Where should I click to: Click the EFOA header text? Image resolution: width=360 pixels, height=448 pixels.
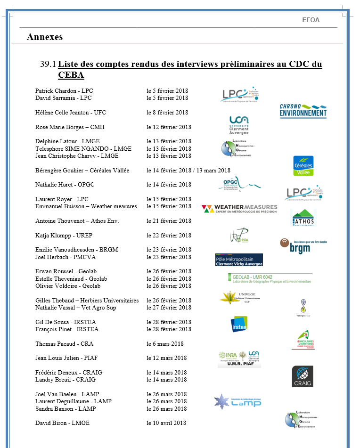[x=311, y=20]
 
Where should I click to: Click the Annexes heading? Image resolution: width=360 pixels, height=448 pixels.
[x=45, y=37]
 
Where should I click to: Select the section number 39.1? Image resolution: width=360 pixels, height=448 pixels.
[x=48, y=64]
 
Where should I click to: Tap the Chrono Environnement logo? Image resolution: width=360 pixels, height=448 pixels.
[x=303, y=111]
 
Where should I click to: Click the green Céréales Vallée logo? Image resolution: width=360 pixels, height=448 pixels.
[x=303, y=166]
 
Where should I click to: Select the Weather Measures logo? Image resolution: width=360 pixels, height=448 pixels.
[x=239, y=209]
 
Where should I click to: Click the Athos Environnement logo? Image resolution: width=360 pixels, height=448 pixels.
[x=303, y=218]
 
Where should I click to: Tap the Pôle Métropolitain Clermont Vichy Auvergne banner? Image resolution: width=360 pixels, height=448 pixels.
[x=239, y=260]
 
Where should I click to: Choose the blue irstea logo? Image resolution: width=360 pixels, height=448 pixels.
[x=239, y=324]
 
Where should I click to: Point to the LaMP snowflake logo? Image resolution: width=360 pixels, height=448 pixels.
[x=237, y=401]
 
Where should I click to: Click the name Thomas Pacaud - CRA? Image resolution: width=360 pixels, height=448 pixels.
[x=64, y=344]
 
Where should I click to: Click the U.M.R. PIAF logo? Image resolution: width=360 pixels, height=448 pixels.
[x=239, y=359]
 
